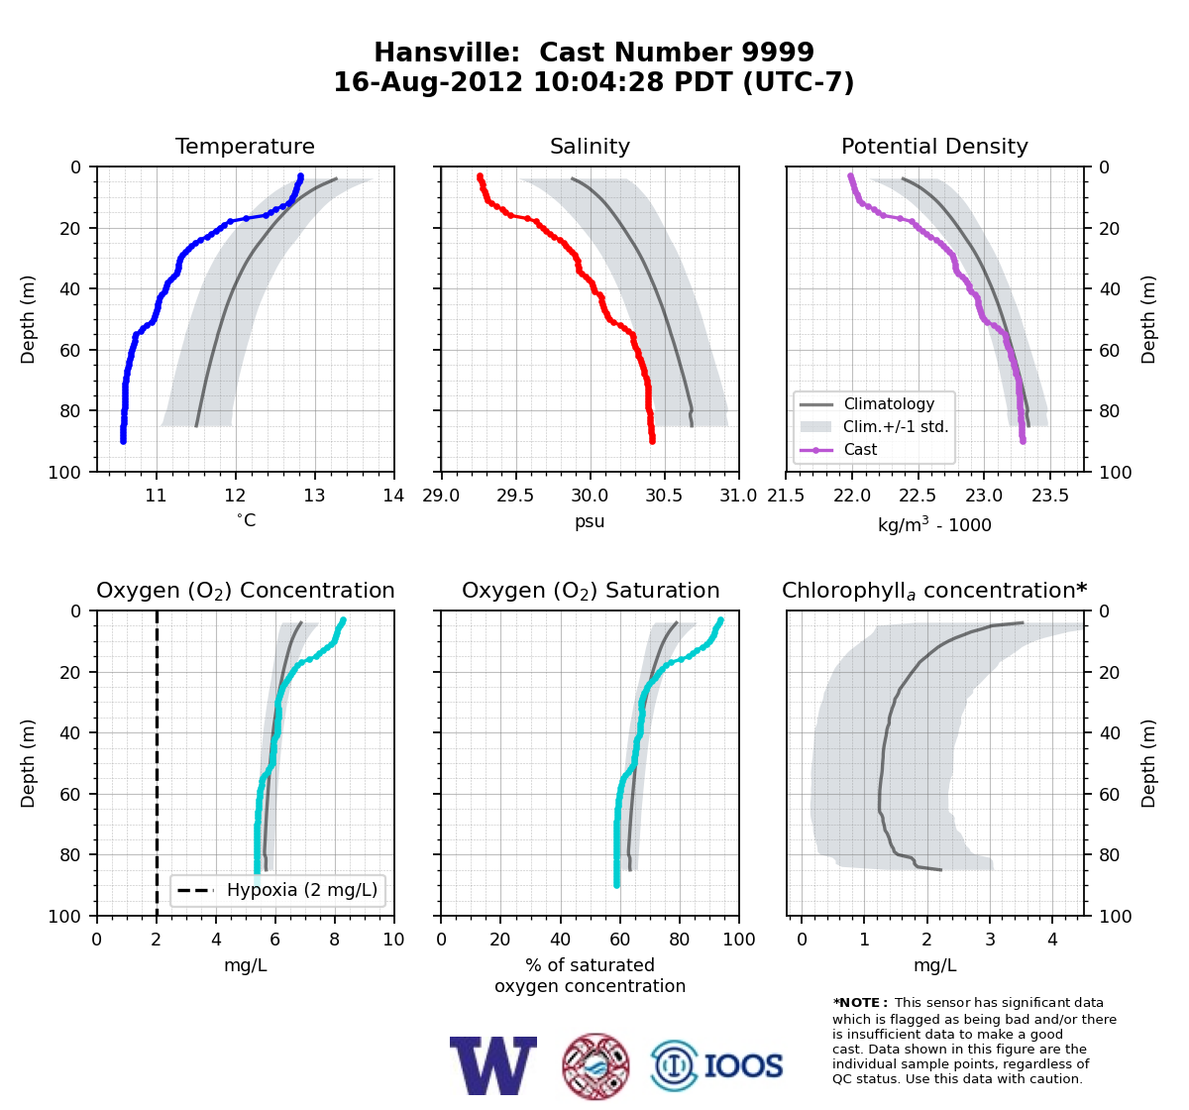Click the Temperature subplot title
click(245, 146)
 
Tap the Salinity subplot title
click(590, 146)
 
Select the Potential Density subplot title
click(934, 146)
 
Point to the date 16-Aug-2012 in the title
click(428, 82)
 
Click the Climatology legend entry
click(889, 403)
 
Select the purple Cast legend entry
click(860, 449)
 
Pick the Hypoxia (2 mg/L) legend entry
click(302, 890)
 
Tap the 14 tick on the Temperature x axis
click(393, 496)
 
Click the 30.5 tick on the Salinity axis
click(664, 496)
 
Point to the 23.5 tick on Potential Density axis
click(1050, 496)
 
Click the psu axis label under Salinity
click(590, 521)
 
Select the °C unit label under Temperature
click(246, 520)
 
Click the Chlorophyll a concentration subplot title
click(934, 591)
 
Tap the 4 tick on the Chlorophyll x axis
click(1052, 940)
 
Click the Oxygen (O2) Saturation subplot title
click(591, 591)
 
